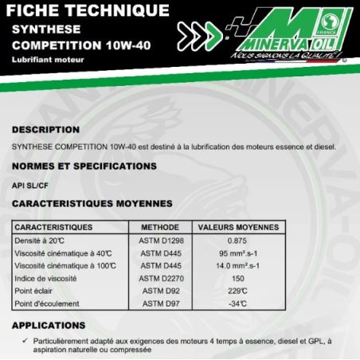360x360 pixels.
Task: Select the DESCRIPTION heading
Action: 45,129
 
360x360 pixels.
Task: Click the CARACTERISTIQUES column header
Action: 53,226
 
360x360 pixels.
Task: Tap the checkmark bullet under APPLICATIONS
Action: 26,340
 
